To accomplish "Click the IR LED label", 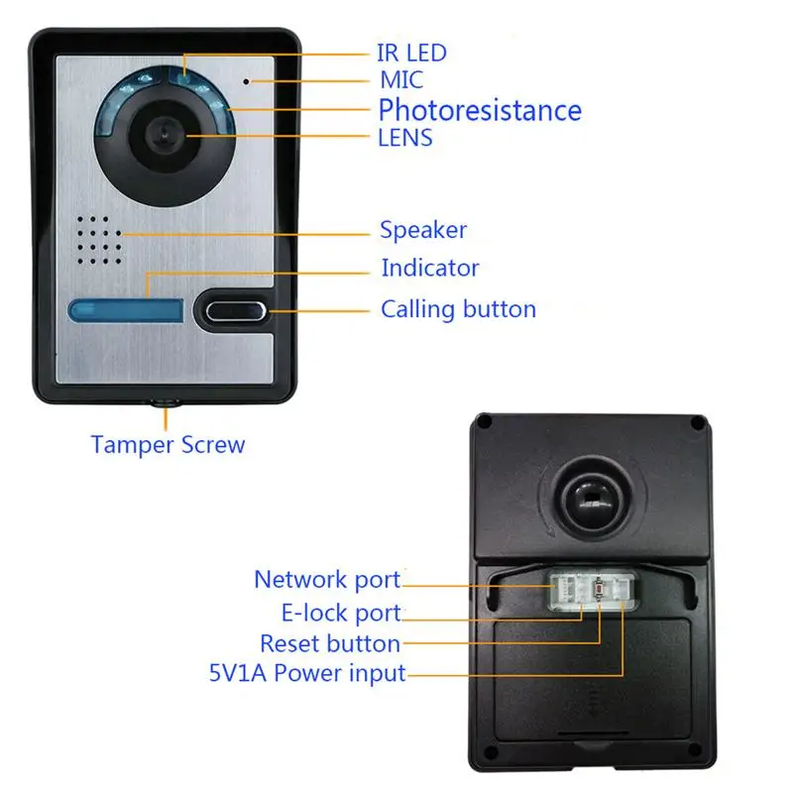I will coord(411,53).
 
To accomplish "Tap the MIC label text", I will coord(401,80).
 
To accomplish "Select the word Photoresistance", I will coord(480,109).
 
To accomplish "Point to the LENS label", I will coord(405,138).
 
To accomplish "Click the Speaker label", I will coord(423,231).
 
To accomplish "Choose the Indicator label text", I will coord(430,268).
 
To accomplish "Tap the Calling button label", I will coord(458,309).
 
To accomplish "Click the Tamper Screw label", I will coord(168,444).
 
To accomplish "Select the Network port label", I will coord(327,580).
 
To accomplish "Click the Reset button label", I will coord(330,644).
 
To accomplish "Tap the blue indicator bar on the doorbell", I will coord(126,311).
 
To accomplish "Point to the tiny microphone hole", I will coord(248,79).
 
